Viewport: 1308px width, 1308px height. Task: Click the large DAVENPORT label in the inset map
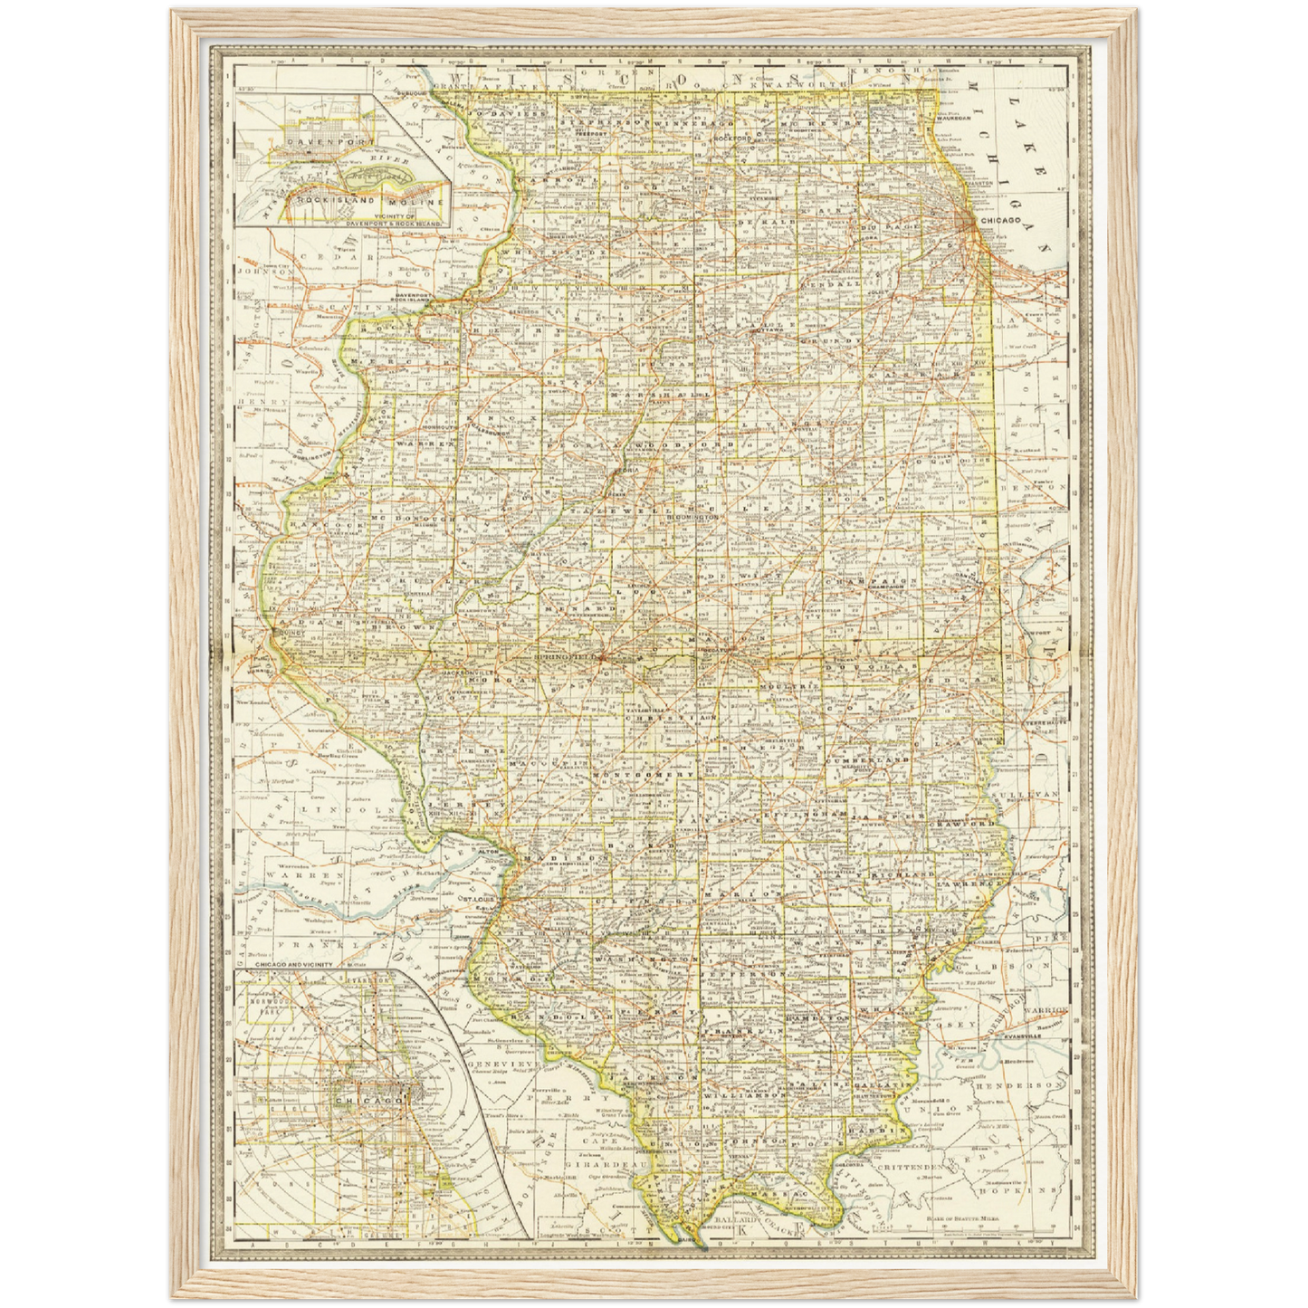coord(311,142)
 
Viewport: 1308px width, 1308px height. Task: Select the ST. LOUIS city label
coord(479,899)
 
